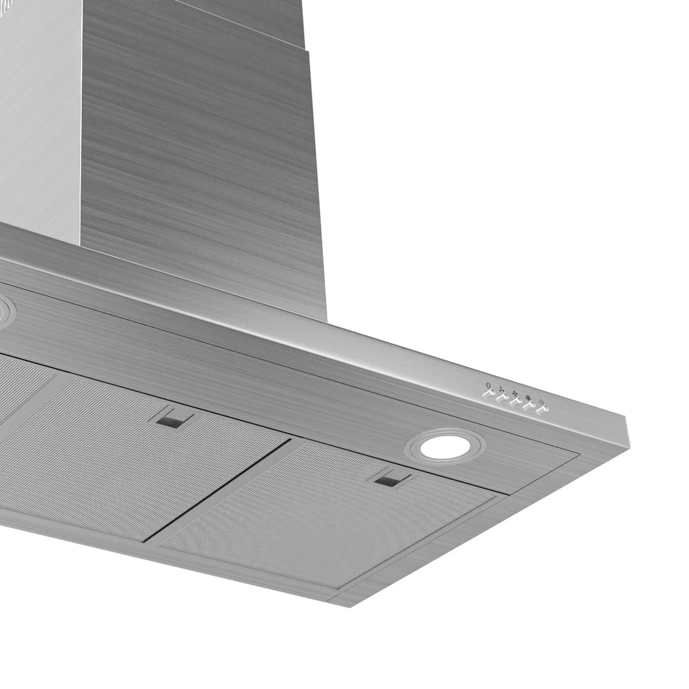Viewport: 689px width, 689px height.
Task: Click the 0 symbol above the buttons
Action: coord(488,385)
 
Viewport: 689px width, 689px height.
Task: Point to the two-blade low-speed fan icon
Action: coord(502,388)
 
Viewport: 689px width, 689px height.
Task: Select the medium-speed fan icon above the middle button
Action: coord(515,393)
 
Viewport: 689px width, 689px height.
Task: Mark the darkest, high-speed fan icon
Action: coord(528,397)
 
